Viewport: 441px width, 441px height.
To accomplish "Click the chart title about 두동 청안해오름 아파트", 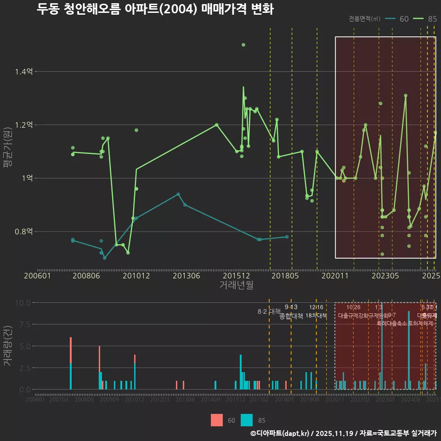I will [x=155, y=9].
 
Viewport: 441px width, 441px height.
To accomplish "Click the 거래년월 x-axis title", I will [x=236, y=285].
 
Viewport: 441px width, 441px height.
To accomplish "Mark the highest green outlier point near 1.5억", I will [x=243, y=45].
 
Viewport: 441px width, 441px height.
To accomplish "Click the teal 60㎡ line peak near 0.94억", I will [x=178, y=194].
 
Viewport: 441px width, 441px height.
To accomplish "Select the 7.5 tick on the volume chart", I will [x=24, y=324].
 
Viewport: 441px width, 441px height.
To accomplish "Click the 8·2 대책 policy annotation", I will [x=269, y=311].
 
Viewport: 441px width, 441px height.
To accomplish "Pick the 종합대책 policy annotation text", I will [x=291, y=316].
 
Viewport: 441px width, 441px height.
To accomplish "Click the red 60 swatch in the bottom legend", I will [x=217, y=420].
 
